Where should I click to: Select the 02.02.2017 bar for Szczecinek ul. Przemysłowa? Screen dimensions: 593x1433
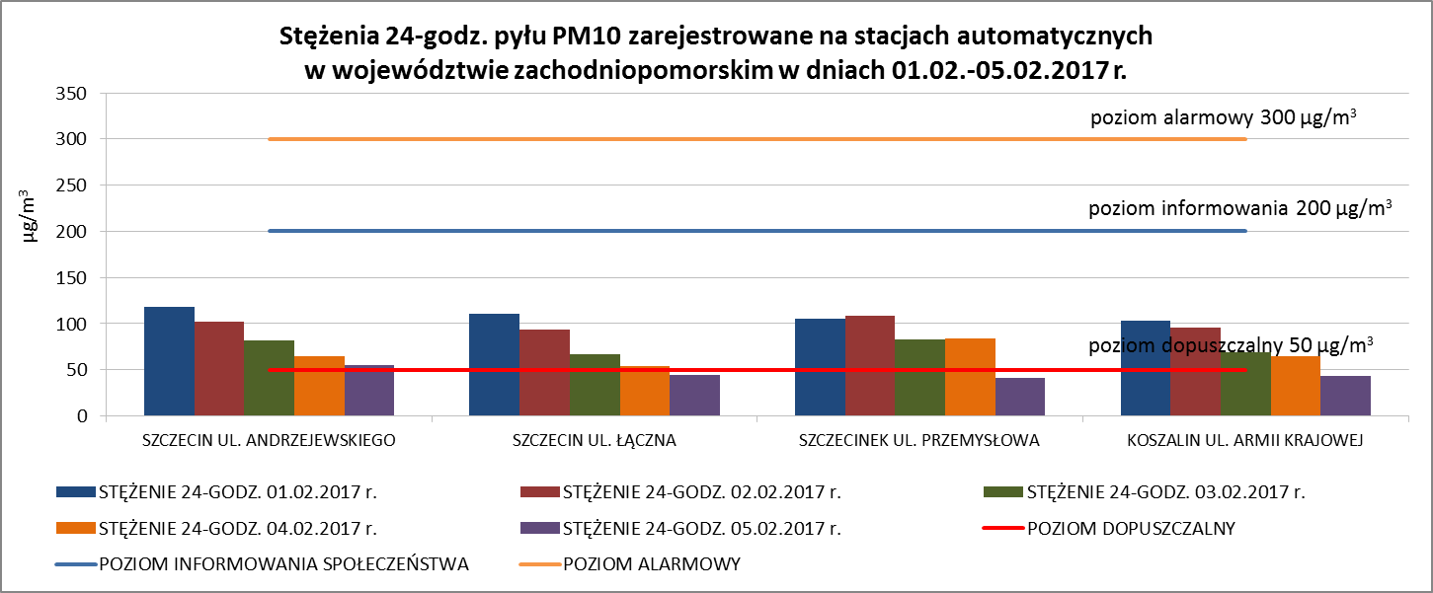(870, 366)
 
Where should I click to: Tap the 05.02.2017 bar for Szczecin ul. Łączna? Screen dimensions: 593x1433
(694, 396)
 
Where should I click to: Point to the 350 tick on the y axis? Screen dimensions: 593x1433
(69, 94)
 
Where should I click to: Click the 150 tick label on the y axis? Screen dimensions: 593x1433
(69, 278)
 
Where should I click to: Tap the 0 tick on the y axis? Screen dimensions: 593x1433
(82, 416)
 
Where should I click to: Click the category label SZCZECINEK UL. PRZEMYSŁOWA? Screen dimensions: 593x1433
(918, 441)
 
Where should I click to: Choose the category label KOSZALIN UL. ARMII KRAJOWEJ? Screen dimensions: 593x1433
(1244, 441)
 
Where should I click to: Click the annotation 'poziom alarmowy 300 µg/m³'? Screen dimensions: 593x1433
(1222, 119)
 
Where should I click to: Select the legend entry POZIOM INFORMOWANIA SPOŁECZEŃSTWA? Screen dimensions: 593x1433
(282, 564)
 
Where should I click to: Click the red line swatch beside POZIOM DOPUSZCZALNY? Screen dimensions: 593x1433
(1002, 528)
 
